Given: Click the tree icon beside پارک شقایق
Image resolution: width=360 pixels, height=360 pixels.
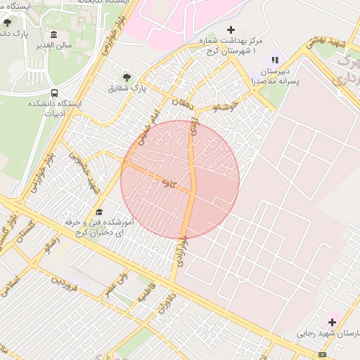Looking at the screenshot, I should tap(127, 77).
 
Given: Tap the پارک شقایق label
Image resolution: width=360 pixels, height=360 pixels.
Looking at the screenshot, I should tap(126, 89).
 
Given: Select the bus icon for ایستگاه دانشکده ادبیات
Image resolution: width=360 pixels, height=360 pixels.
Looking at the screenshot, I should tap(54, 93).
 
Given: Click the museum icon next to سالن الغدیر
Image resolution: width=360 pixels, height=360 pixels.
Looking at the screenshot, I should tap(54, 35).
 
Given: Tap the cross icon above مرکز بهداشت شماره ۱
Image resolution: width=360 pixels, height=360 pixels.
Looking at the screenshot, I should tap(231, 30).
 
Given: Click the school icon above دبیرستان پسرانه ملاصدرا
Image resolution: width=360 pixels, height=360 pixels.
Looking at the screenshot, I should tap(275, 60).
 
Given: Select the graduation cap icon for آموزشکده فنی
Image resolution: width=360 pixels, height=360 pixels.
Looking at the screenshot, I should tap(99, 212).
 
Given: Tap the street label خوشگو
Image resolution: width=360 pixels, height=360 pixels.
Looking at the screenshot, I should tap(225, 107).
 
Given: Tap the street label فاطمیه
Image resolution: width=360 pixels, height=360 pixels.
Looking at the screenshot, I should tap(146, 292).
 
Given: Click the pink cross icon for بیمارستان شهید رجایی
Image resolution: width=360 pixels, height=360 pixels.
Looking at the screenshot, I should tap(332, 322).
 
